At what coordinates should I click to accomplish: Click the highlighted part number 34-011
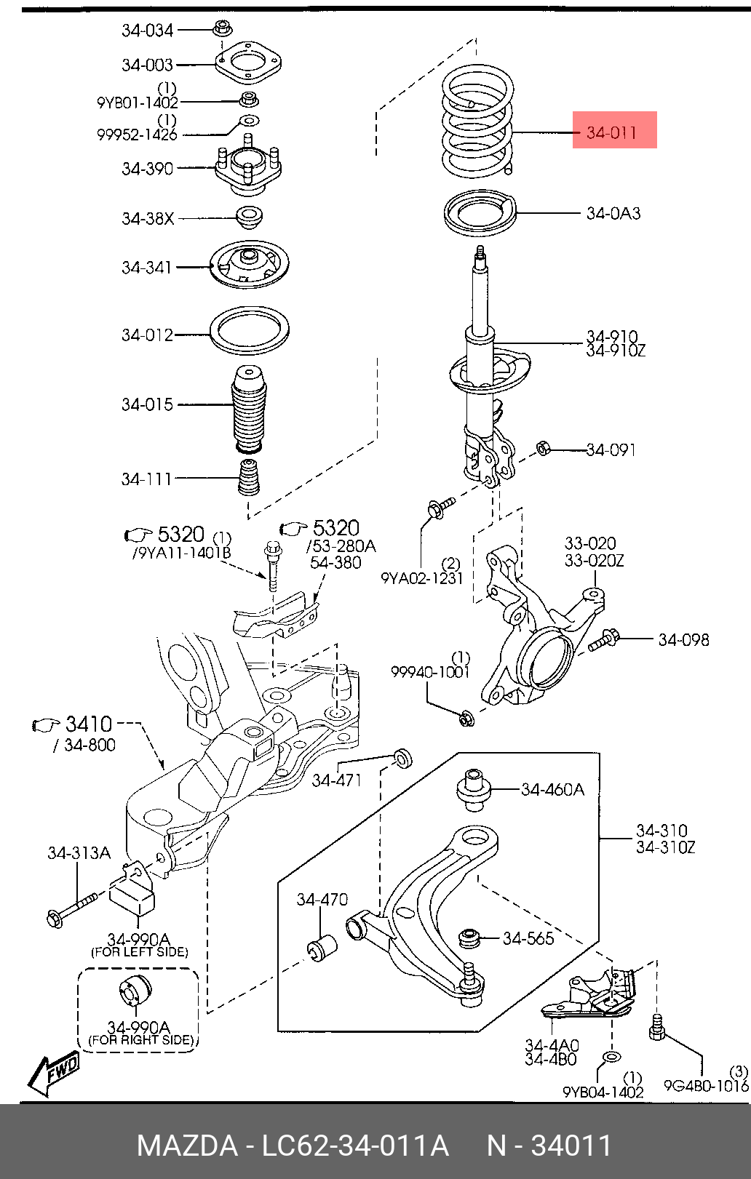[611, 132]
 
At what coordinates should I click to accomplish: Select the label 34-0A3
[613, 213]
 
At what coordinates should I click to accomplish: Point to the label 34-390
[148, 169]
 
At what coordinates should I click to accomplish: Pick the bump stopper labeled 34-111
[249, 478]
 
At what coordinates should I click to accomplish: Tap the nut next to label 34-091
[543, 449]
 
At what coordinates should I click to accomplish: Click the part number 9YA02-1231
[422, 578]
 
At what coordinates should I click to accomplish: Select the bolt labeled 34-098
[603, 639]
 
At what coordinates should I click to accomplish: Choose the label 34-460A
[552, 789]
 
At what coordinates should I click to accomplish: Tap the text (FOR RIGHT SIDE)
[141, 1040]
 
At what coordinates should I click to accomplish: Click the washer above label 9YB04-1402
[611, 1057]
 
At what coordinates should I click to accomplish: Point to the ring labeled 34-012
[250, 332]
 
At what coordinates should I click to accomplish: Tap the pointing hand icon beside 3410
[47, 725]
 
